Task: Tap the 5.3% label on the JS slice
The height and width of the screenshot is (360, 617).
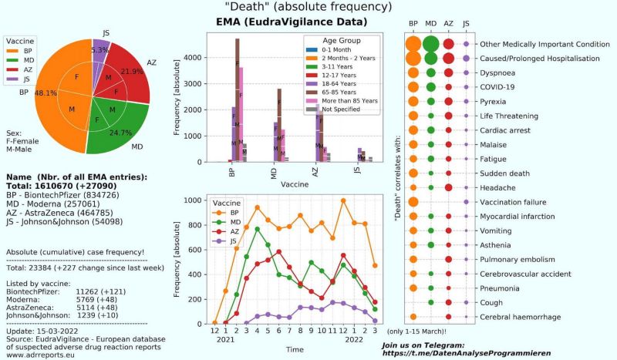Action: (x=99, y=50)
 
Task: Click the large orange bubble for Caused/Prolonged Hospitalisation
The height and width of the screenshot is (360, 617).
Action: (x=414, y=59)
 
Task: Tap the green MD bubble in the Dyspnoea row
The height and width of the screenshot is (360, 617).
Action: (x=432, y=73)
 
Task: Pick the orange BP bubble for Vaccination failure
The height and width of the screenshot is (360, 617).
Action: (x=414, y=202)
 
